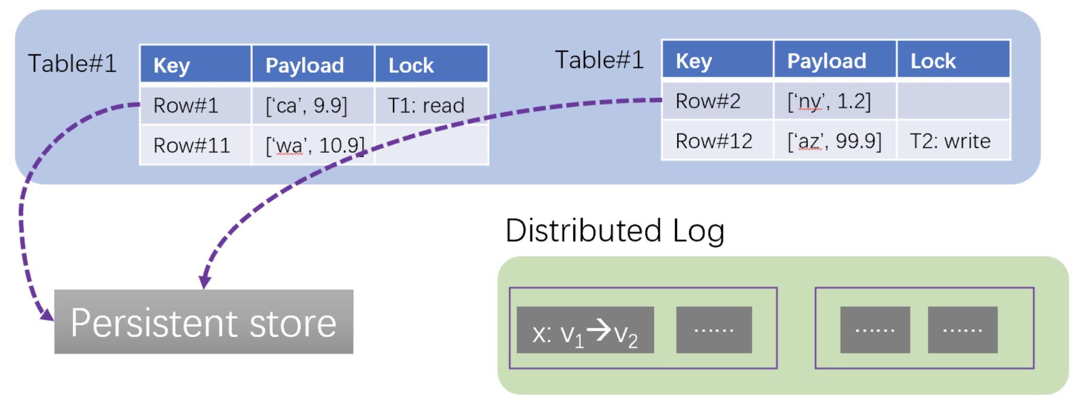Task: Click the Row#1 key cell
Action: point(195,105)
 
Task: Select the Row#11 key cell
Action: point(195,145)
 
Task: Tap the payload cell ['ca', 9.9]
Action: point(313,105)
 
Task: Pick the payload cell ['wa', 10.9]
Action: point(313,145)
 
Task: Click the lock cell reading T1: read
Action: point(431,105)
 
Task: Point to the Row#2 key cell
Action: point(717,100)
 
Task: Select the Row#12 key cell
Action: point(717,141)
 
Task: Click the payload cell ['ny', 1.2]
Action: point(835,100)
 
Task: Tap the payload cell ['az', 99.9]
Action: point(835,141)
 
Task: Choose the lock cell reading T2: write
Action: point(953,141)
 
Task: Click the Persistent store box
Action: point(204,322)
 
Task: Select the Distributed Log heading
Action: point(615,230)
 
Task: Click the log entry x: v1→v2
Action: point(585,330)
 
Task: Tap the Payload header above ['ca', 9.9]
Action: point(313,65)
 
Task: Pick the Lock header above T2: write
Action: point(953,61)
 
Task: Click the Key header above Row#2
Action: point(717,61)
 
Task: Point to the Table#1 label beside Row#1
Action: point(72,64)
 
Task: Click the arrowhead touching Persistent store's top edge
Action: point(205,281)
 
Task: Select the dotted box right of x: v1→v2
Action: point(714,330)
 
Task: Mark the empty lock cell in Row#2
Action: point(953,100)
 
